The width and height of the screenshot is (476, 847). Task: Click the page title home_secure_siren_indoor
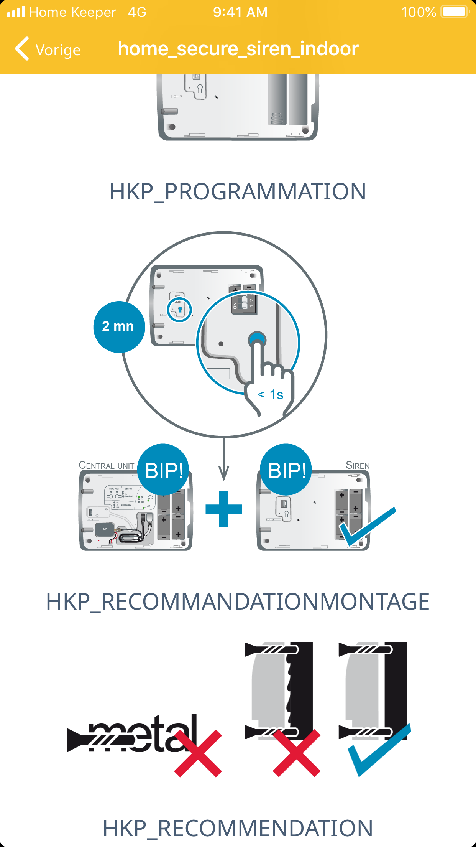[238, 49]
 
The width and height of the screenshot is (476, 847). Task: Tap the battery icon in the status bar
[455, 12]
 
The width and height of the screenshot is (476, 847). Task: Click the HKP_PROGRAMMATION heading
[238, 191]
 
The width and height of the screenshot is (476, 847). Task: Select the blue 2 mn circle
[119, 327]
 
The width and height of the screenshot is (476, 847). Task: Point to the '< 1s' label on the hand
[271, 395]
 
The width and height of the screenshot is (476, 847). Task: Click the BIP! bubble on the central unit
[164, 470]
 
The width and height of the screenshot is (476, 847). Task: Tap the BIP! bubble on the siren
[286, 470]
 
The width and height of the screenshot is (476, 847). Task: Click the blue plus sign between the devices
[224, 509]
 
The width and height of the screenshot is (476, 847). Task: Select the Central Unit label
[106, 466]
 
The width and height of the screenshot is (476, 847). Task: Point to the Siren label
[358, 466]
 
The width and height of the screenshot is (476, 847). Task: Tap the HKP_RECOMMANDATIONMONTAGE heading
[238, 601]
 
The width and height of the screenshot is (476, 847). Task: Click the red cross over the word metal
[198, 753]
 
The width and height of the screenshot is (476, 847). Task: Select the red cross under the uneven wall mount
[297, 753]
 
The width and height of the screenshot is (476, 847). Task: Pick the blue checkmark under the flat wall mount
[378, 750]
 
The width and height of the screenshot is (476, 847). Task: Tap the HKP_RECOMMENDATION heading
[238, 828]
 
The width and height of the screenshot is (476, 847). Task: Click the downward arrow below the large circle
[224, 460]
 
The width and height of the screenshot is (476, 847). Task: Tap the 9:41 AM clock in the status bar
[240, 12]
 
